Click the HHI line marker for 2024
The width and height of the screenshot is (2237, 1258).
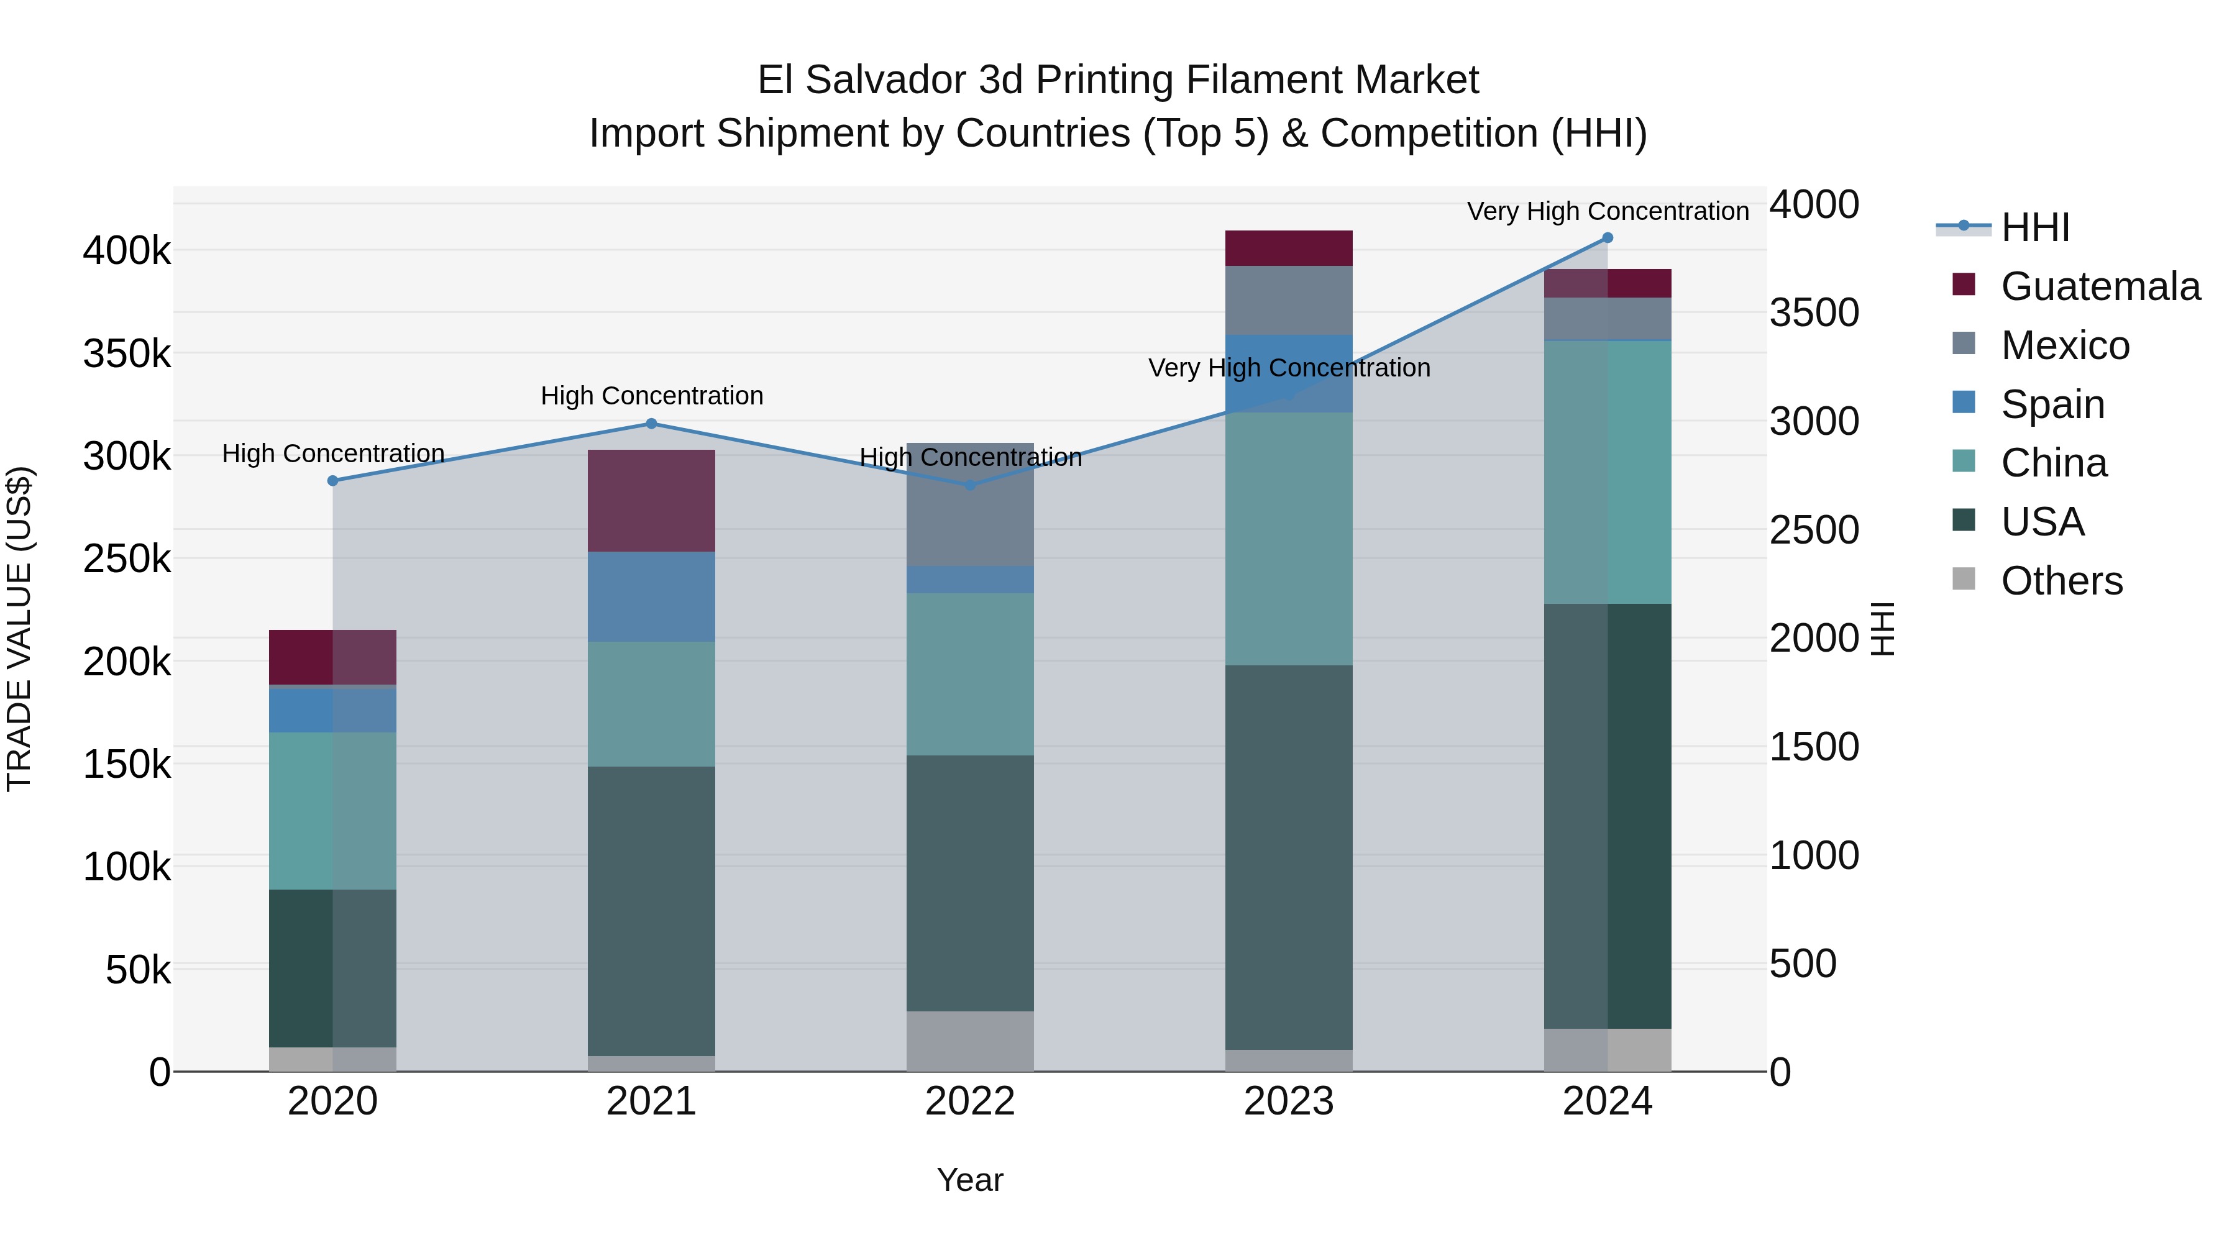(1608, 238)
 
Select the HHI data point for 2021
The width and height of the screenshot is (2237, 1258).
(651, 424)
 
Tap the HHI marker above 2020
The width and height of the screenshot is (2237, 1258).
(332, 481)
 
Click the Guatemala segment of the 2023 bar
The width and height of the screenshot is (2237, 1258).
(1289, 248)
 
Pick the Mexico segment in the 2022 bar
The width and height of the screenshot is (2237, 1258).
(970, 504)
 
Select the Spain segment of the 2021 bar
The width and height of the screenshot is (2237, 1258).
(651, 596)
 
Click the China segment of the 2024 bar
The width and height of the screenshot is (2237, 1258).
(1608, 472)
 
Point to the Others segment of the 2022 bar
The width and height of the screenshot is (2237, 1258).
(970, 1041)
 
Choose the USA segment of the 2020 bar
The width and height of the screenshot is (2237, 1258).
(332, 968)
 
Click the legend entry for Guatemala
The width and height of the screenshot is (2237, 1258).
(2100, 286)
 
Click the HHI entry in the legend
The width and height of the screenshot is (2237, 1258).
(2034, 227)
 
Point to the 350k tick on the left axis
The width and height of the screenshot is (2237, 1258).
(127, 354)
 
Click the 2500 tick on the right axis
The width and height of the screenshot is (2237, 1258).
(1814, 529)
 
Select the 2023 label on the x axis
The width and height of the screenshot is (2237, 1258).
(1289, 1101)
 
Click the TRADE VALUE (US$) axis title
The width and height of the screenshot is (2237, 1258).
(19, 629)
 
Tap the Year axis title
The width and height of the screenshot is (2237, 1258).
(970, 1180)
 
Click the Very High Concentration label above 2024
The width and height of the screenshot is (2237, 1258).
(1608, 211)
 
